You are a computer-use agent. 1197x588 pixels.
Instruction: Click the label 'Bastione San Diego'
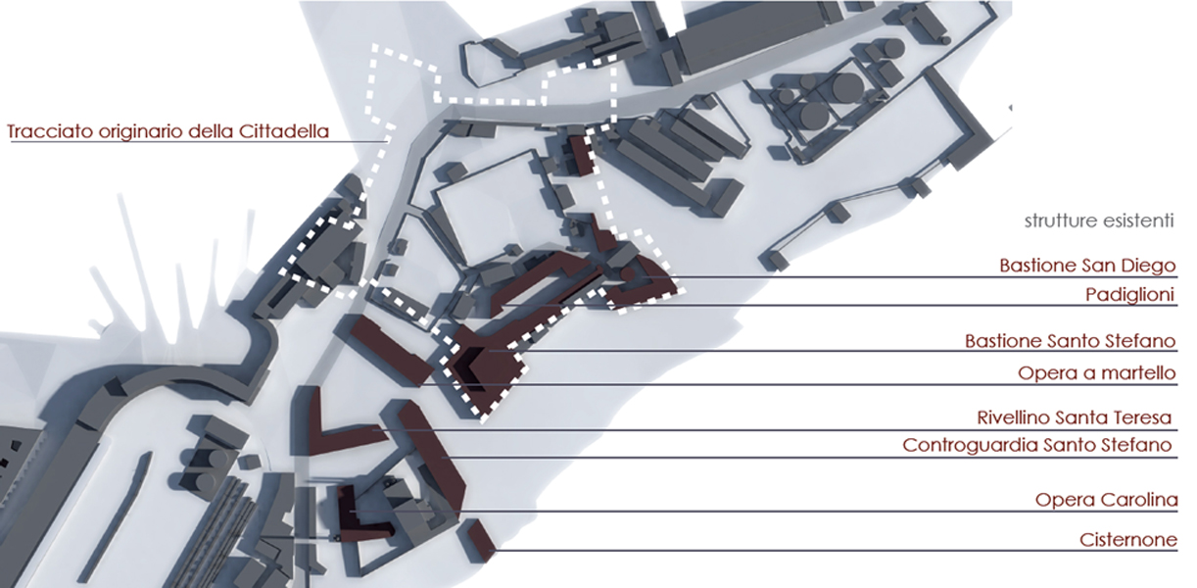tap(1087, 266)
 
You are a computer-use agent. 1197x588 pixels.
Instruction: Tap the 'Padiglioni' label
tap(1129, 295)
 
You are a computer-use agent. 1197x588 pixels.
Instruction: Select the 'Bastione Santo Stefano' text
tap(1070, 341)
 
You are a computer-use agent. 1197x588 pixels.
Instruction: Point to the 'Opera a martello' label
tap(1096, 373)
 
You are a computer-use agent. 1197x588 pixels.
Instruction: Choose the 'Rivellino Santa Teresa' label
tap(1075, 417)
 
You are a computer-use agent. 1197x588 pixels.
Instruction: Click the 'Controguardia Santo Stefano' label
tap(1037, 445)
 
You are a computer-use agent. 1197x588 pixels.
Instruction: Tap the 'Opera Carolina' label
tap(1106, 500)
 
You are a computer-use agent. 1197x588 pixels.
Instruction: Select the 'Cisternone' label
tap(1128, 540)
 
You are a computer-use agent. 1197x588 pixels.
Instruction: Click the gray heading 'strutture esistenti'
tap(1099, 220)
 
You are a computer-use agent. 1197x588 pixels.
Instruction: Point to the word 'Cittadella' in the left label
tap(284, 131)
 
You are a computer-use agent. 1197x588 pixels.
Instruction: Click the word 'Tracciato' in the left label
tap(51, 132)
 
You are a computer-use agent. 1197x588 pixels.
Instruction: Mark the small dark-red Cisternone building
tap(482, 540)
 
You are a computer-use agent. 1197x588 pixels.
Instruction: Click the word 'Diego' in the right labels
tap(1153, 266)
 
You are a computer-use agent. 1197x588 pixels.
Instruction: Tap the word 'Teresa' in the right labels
tap(1143, 417)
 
